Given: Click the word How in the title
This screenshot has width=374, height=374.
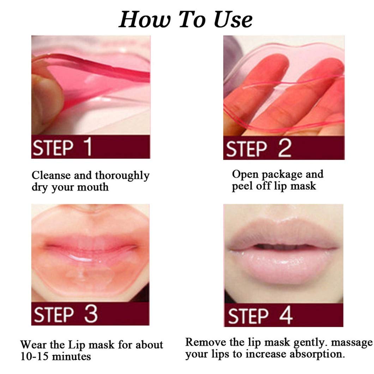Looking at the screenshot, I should (141, 19).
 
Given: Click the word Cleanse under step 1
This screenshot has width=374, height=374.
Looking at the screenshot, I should (53, 175).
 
